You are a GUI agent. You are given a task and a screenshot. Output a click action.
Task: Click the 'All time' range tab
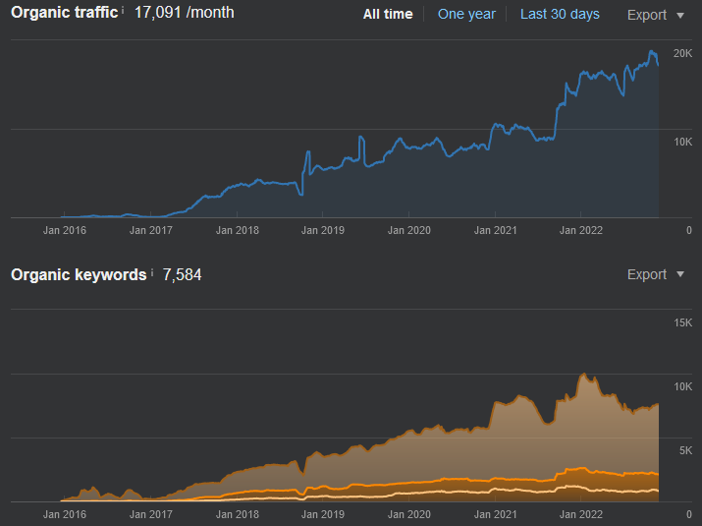(x=388, y=15)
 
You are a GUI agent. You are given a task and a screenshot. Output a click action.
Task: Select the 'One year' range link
(x=466, y=15)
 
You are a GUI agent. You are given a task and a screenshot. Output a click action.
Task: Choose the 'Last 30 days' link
(x=560, y=15)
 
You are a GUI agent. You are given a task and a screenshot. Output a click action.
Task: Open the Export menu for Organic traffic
(x=656, y=15)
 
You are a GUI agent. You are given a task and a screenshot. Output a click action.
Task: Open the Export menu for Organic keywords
(x=656, y=274)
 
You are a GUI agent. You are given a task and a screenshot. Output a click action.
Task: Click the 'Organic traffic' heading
(x=65, y=13)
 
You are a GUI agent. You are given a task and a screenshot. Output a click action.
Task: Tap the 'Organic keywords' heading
(x=79, y=274)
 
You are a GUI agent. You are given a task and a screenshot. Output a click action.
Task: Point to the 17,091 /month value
(x=184, y=13)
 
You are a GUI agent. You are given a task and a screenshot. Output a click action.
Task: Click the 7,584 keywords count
(x=182, y=275)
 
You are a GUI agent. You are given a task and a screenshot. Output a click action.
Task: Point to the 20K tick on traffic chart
(x=682, y=53)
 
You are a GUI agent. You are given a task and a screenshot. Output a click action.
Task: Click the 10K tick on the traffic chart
(x=682, y=143)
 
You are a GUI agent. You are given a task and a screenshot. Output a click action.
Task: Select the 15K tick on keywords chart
(x=682, y=322)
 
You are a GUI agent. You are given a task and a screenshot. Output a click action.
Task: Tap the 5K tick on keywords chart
(x=685, y=450)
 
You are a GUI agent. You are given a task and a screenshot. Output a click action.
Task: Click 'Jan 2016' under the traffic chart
(x=65, y=230)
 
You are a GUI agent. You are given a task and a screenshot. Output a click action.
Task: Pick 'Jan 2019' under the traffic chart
(x=323, y=230)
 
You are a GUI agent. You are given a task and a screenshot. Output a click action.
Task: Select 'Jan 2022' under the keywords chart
(x=581, y=514)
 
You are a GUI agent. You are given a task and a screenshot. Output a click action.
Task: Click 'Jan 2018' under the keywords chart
(x=238, y=514)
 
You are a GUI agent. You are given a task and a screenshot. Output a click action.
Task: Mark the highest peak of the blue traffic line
(x=651, y=51)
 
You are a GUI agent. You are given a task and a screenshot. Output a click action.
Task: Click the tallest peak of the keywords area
(x=584, y=374)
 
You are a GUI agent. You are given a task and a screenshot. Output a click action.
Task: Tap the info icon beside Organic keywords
(x=152, y=271)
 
